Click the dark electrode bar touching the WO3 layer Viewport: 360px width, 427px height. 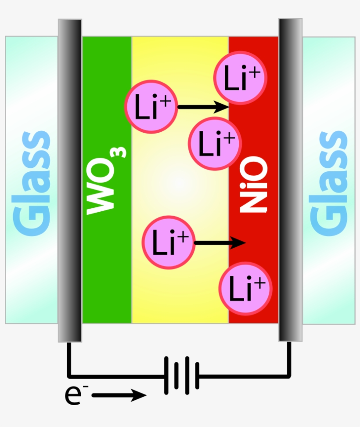pos(70,180)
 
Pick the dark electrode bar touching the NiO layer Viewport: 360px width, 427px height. pos(290,180)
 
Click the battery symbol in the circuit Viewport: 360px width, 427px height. pos(181,376)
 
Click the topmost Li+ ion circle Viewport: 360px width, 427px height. pos(240,78)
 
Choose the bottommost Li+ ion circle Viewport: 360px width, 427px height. pos(246,289)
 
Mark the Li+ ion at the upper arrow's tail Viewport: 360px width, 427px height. pos(151,106)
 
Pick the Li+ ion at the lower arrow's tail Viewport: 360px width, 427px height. pos(168,242)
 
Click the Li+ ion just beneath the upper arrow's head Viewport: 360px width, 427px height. pos(215,144)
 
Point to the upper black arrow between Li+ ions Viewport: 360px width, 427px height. pos(202,106)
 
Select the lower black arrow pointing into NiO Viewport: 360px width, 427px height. pos(220,242)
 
